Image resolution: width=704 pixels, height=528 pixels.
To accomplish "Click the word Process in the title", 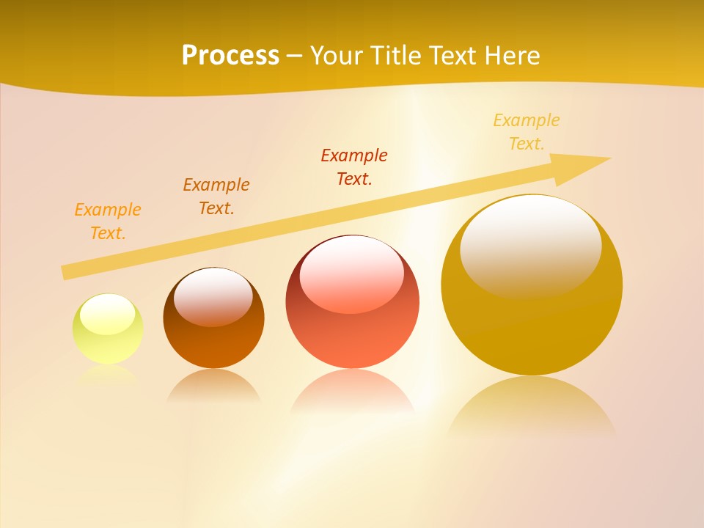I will coord(230,56).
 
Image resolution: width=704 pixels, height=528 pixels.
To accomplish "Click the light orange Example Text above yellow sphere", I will coord(108,221).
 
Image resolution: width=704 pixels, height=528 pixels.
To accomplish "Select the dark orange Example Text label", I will coord(216,197).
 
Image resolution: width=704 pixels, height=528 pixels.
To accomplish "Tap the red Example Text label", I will coord(354,167).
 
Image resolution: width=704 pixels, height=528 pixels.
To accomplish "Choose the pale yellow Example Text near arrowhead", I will coord(527,132).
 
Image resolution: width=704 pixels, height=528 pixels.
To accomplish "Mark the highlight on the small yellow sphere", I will coord(107,314).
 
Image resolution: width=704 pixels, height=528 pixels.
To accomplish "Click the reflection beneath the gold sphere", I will coord(532,407).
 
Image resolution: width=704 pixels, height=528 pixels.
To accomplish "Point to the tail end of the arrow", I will coord(67,272).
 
